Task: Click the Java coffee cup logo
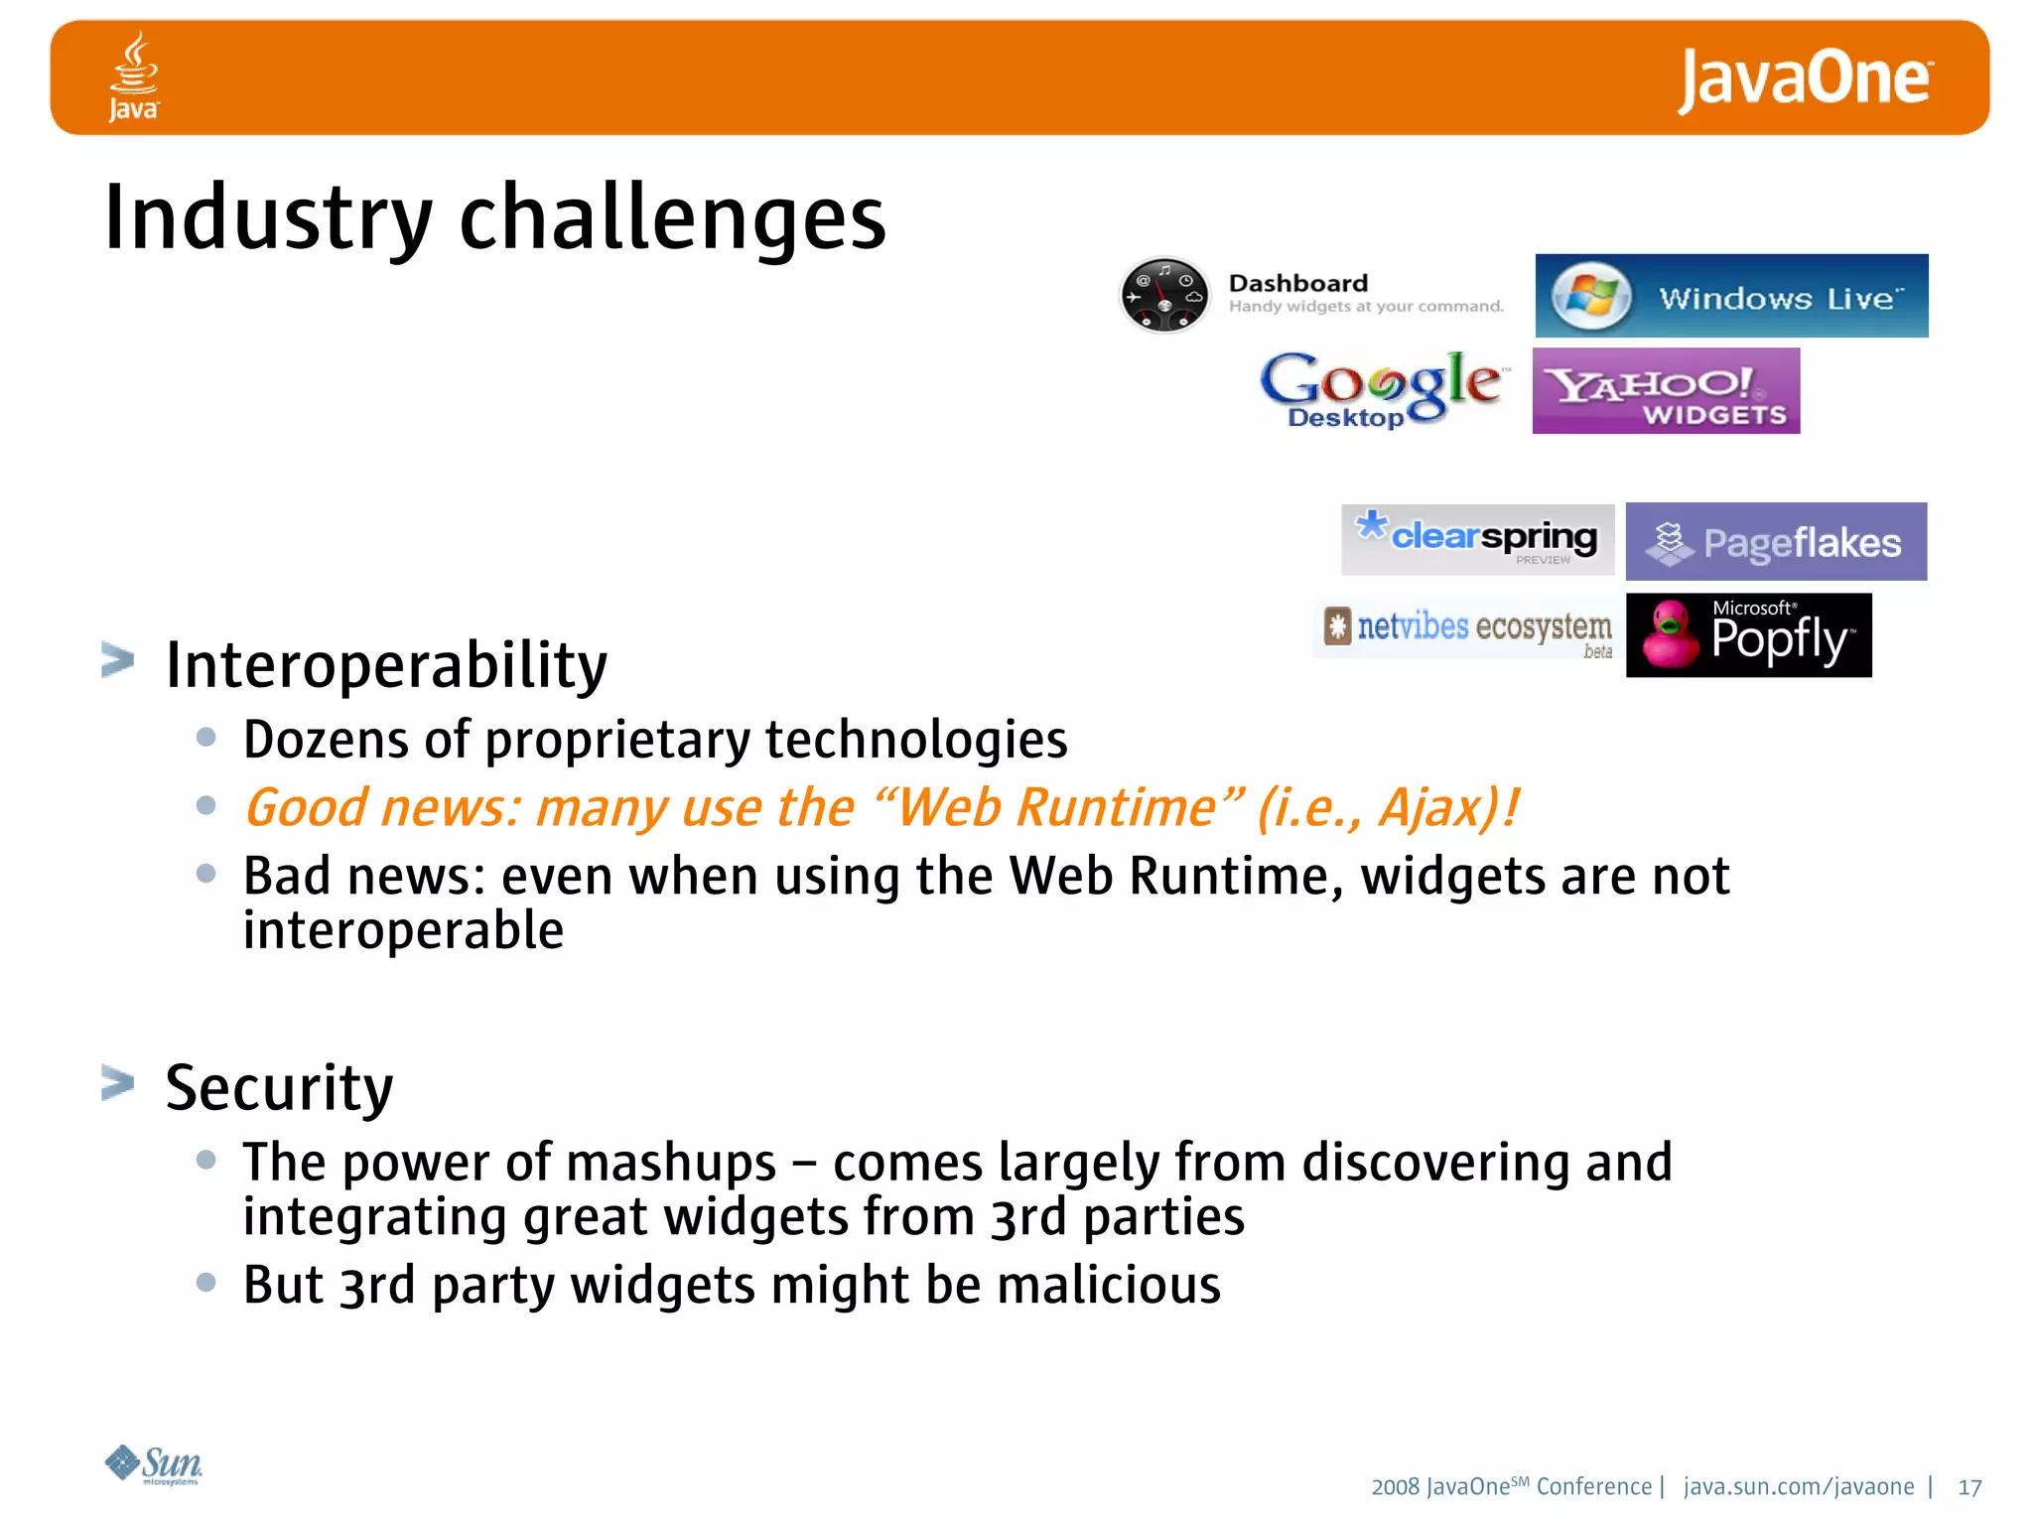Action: (133, 74)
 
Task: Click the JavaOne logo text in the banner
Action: (1805, 79)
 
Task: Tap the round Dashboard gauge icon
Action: (1164, 295)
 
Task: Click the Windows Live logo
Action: (1731, 296)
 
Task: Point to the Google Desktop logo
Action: (1382, 389)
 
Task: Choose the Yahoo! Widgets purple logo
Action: (1666, 391)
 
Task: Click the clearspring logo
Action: (1477, 539)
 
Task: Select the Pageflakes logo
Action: (1776, 542)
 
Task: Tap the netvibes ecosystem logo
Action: (1468, 628)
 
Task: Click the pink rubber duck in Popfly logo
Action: (1671, 635)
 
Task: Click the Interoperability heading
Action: (386, 665)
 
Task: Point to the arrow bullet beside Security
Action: (117, 1082)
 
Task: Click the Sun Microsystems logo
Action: (153, 1464)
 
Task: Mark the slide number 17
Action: (1969, 1487)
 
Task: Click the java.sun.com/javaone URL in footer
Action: (1798, 1486)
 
